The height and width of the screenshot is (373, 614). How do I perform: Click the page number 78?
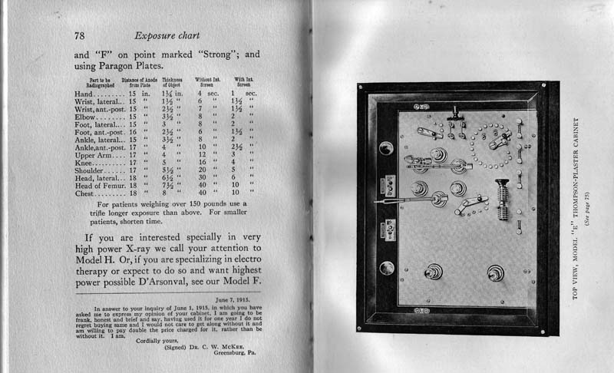pos(79,35)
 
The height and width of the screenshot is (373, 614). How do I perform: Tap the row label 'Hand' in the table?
pos(84,94)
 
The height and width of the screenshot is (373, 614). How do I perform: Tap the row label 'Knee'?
pos(85,161)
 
